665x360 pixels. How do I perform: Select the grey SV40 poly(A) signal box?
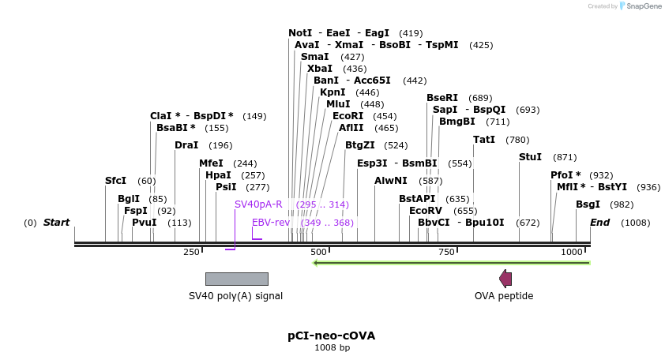click(x=236, y=279)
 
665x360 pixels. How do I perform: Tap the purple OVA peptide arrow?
click(x=505, y=278)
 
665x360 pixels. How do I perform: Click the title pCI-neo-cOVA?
click(x=331, y=336)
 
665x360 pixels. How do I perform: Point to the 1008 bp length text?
click(x=332, y=347)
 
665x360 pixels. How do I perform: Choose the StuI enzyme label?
click(x=530, y=157)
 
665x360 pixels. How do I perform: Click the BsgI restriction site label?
click(x=588, y=204)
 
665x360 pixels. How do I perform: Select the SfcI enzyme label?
click(x=115, y=181)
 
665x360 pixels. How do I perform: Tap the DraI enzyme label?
click(x=186, y=145)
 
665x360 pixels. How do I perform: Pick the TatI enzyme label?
click(x=484, y=140)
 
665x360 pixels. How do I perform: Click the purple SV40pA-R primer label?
click(x=258, y=204)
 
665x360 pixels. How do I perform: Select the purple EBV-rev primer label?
click(x=271, y=223)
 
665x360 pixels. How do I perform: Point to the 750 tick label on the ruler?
click(x=446, y=251)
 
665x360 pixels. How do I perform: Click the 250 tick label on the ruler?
click(x=191, y=251)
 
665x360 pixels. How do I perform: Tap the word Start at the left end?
click(x=56, y=223)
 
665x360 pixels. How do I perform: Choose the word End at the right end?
click(x=599, y=223)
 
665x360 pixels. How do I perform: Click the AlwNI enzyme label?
click(x=390, y=181)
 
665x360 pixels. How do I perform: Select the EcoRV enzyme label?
click(x=426, y=211)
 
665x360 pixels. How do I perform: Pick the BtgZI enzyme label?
click(x=360, y=145)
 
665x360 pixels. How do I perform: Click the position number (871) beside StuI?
click(x=565, y=157)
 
